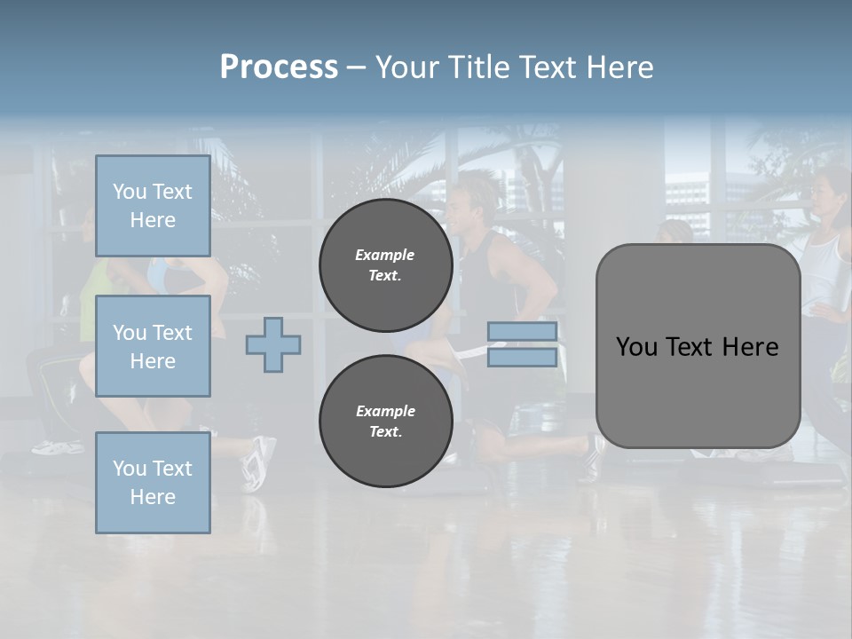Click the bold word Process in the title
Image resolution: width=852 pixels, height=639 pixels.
pos(279,67)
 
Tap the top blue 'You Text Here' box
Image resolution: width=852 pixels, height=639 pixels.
pos(153,206)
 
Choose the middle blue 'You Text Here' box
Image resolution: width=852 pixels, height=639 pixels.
pos(153,346)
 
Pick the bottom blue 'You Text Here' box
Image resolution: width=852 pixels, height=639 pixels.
pos(153,482)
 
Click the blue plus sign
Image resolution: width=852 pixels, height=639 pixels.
pos(273,344)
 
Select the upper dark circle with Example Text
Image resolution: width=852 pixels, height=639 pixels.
pos(385,265)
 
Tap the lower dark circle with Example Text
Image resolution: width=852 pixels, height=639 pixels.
pos(385,422)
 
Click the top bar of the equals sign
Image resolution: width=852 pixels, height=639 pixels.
pos(522,331)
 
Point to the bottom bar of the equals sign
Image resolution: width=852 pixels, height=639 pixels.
pos(522,358)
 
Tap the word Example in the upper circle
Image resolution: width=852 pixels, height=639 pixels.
pos(385,255)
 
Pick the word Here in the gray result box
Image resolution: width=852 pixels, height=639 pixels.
pos(750,347)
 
